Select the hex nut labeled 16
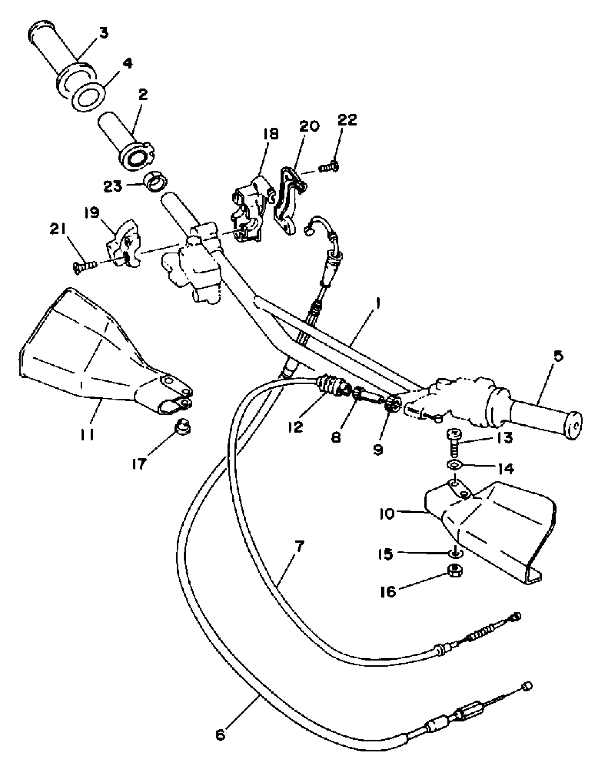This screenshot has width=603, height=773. pyautogui.click(x=454, y=570)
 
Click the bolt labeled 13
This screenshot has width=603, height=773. pyautogui.click(x=454, y=442)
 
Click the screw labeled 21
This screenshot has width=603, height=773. pyautogui.click(x=85, y=265)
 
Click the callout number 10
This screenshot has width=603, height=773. pyautogui.click(x=387, y=514)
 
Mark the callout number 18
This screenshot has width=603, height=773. pyautogui.click(x=271, y=134)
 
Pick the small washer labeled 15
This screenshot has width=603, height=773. pyautogui.click(x=455, y=552)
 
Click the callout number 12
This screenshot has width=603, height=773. pyautogui.click(x=296, y=427)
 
